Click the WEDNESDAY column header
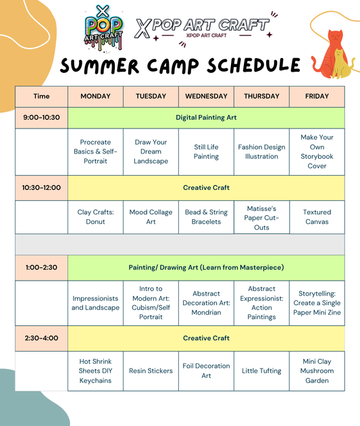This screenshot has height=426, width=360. (x=206, y=96)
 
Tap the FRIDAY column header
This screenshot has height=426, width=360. (x=317, y=96)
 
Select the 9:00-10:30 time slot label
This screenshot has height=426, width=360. (x=41, y=118)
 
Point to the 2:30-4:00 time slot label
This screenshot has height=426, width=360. (x=41, y=338)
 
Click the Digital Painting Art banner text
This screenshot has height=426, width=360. (x=206, y=118)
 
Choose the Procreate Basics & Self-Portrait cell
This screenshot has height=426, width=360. (x=95, y=151)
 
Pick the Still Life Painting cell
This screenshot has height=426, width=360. (x=206, y=151)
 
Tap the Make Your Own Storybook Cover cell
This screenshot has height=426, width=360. (x=317, y=151)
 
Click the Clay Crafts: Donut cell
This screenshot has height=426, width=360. (x=95, y=217)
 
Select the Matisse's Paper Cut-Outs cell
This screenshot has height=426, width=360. (x=261, y=218)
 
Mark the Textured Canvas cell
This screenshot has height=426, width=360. (x=317, y=217)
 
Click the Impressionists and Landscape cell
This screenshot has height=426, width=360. (x=95, y=303)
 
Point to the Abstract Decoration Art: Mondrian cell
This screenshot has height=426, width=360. (x=206, y=303)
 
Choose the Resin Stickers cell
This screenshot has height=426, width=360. (x=151, y=371)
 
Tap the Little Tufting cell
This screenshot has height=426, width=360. (x=261, y=371)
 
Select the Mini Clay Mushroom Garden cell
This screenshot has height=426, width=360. (x=317, y=371)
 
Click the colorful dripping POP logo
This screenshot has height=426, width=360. (x=103, y=29)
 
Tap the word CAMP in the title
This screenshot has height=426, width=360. (x=173, y=66)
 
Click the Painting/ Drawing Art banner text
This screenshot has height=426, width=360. (x=206, y=268)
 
